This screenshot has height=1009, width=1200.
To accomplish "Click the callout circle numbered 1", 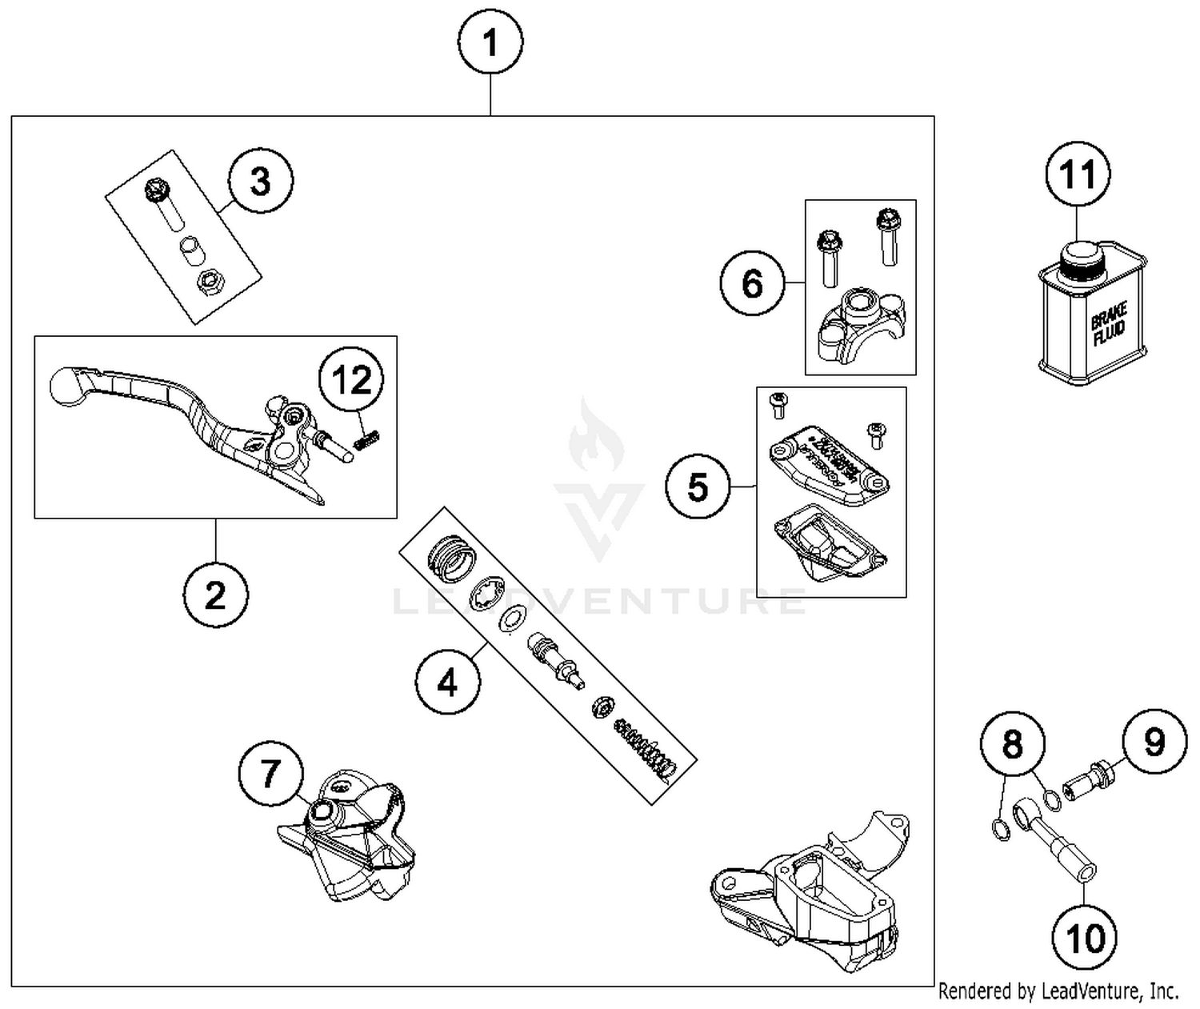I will pos(490,42).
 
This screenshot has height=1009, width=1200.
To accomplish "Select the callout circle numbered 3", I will pos(261,181).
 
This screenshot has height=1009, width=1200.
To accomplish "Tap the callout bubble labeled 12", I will pos(352,381).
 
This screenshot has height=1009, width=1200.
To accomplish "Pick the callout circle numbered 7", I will pos(271,774).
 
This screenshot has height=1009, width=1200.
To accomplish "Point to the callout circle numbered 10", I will pos(1085,937).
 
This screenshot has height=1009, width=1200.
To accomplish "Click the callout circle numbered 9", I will pos(1154,742).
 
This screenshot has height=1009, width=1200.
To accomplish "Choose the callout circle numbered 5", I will pos(698,486).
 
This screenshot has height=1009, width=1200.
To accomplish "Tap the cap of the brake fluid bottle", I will pos(1081,254).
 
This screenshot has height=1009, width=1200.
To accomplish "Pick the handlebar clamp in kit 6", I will pos(860,324).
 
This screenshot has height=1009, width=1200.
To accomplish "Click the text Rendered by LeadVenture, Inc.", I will pos(1058,991).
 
